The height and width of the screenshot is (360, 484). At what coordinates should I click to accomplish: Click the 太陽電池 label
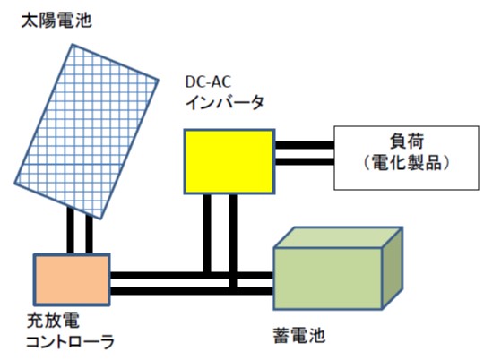[x=56, y=21]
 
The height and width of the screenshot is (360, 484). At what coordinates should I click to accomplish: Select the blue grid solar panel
[x=86, y=132]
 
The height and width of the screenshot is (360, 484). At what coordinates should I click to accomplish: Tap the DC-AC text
[x=208, y=81]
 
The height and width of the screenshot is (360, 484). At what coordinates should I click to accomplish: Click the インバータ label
[x=225, y=103]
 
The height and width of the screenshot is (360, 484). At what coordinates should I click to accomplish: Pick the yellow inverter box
[x=229, y=161]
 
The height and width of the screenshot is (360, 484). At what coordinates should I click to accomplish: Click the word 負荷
[x=407, y=141]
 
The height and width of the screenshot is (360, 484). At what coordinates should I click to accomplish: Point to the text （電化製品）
[x=407, y=162]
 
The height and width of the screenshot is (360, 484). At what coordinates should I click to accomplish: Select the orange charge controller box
[x=72, y=279]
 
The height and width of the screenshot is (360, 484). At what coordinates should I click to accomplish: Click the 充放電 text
[x=53, y=321]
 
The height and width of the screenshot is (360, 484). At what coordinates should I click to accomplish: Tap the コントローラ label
[x=71, y=341]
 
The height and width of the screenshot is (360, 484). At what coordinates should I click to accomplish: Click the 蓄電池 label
[x=299, y=335]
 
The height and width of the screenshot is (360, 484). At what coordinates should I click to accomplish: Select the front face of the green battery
[x=328, y=279]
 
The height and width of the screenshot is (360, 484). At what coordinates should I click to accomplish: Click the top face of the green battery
[x=339, y=237]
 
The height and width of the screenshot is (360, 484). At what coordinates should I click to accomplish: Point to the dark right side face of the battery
[x=393, y=269]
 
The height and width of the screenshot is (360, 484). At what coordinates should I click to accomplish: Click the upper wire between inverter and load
[x=305, y=145]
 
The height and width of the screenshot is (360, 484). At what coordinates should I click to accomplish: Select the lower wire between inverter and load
[x=305, y=162]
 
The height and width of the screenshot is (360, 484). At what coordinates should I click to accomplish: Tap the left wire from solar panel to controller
[x=71, y=231]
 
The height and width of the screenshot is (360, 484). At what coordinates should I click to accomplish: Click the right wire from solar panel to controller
[x=89, y=235]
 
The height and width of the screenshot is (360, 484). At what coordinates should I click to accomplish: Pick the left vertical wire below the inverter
[x=207, y=234]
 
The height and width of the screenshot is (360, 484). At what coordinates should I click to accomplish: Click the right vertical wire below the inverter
[x=233, y=242]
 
